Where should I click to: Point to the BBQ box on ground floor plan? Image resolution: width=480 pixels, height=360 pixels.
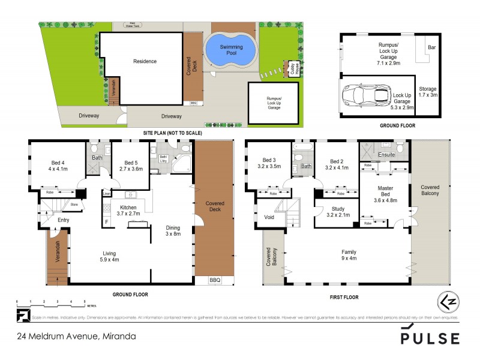(214, 280)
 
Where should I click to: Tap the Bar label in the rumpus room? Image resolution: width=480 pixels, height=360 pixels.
(431, 47)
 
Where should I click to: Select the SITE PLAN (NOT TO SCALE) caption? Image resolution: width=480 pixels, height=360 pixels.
(172, 133)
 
